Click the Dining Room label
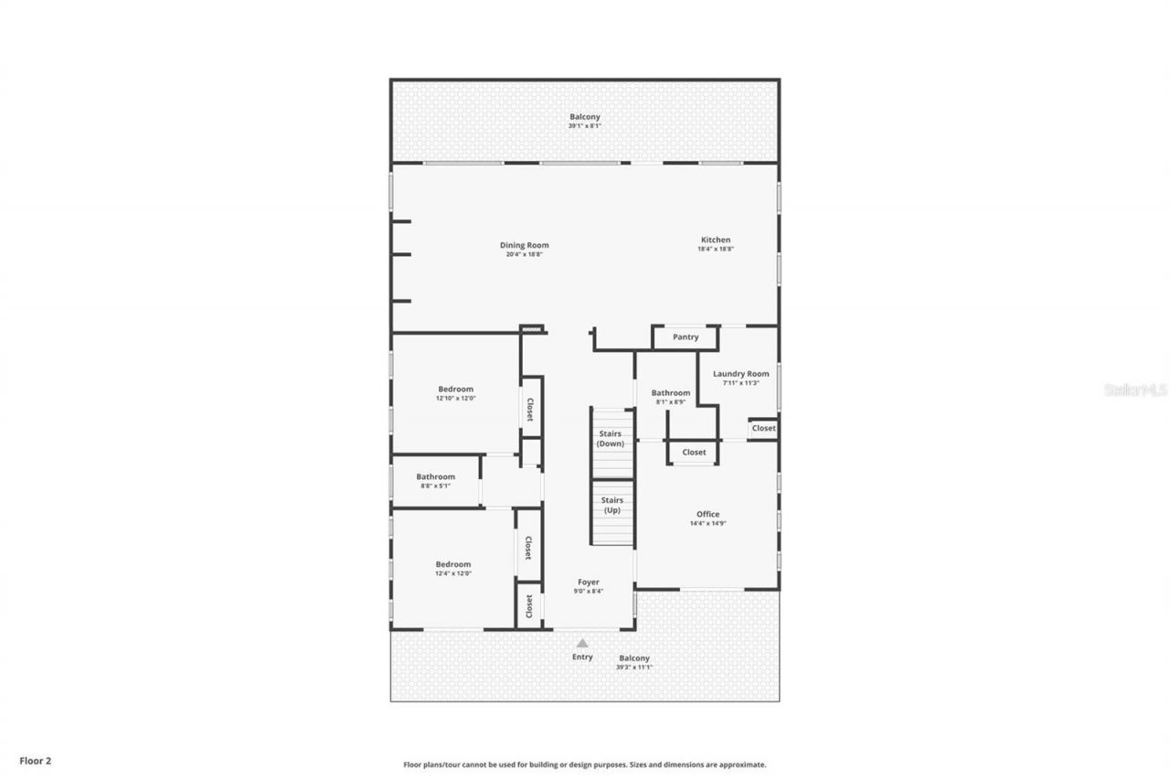click(x=525, y=245)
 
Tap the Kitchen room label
click(x=716, y=240)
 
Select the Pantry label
click(x=686, y=337)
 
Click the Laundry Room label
click(x=741, y=374)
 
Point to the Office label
click(x=707, y=514)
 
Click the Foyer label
click(x=589, y=582)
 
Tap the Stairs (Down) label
click(x=611, y=438)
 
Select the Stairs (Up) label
click(x=612, y=505)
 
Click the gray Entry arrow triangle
click(x=582, y=643)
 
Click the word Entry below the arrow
click(x=582, y=657)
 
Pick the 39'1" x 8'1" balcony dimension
click(x=585, y=126)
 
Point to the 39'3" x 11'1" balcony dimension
click(x=634, y=668)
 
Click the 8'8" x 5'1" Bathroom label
click(x=435, y=476)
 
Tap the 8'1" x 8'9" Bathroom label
click(x=671, y=393)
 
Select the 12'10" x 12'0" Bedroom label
click(x=455, y=390)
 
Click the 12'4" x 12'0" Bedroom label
click(x=452, y=565)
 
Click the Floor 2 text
click(x=35, y=759)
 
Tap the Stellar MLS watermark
click(x=1135, y=390)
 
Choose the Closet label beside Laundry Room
click(x=763, y=428)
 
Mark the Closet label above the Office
click(x=694, y=453)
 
